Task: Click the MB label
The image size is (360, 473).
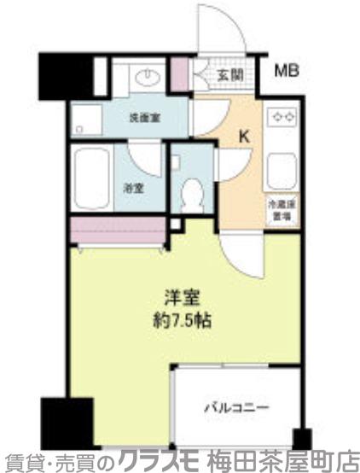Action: click(287, 70)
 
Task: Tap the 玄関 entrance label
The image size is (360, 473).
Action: click(229, 74)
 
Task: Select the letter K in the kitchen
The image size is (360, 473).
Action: click(244, 136)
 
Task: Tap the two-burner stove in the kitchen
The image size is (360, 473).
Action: click(282, 117)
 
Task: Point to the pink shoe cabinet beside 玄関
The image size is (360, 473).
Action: click(180, 76)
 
